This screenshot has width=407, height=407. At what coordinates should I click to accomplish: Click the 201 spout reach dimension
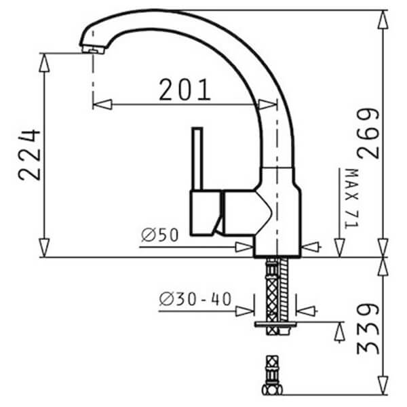(185, 90)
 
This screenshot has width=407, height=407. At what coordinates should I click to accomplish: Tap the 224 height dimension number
(29, 155)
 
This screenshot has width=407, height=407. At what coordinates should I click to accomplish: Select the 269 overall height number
(368, 133)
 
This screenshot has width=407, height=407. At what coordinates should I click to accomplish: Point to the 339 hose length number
(368, 329)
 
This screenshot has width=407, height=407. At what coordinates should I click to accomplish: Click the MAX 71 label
(351, 199)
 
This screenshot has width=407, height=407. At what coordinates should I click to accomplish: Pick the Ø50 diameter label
(160, 235)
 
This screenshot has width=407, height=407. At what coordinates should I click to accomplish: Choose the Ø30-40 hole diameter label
(195, 298)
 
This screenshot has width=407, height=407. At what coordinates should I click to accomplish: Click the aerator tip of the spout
(93, 50)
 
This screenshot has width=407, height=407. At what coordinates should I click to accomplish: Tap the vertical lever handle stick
(197, 159)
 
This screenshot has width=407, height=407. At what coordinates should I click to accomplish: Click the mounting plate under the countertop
(275, 324)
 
